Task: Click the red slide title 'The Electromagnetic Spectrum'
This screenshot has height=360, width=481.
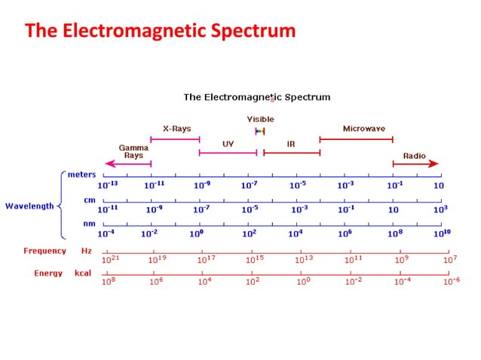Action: [x=160, y=31]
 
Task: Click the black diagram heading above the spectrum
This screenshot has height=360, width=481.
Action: [x=257, y=97]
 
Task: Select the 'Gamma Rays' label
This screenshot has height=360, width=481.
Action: [x=133, y=151]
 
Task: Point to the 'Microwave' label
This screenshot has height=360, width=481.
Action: [x=363, y=129]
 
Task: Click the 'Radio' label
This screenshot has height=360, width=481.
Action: [x=414, y=156]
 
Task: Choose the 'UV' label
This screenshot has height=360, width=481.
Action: [x=228, y=143]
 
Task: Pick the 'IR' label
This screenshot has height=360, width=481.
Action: [x=291, y=143]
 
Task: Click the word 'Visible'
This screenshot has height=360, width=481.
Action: [x=260, y=119]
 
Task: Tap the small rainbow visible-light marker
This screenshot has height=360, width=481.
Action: [x=260, y=131]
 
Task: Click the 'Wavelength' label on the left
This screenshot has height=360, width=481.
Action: [x=29, y=205]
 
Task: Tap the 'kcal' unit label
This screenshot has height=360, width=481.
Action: [x=82, y=273]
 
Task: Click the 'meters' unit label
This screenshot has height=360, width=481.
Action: [x=81, y=175]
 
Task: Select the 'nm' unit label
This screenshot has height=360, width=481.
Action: [x=88, y=224]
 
